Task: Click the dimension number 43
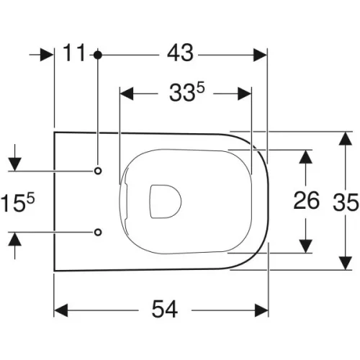[180, 53]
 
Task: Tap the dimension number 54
[165, 309]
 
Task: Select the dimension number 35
[346, 202]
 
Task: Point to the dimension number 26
[307, 200]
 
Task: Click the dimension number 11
[74, 53]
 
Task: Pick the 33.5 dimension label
[187, 92]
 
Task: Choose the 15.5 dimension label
[18, 203]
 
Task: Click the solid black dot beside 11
[97, 55]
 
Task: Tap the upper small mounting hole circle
[98, 171]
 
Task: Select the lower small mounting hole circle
[98, 232]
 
